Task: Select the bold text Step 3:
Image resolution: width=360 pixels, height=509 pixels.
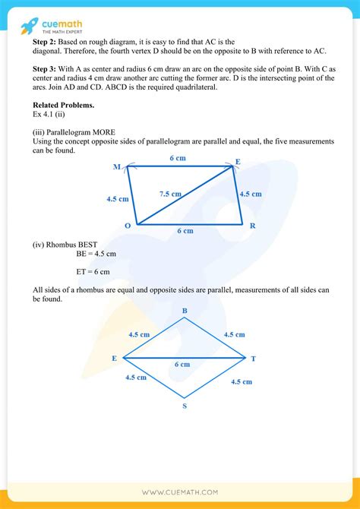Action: tap(46, 69)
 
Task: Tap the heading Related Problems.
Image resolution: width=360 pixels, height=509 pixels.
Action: tap(64, 104)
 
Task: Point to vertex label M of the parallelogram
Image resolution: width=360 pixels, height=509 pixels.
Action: tap(116, 166)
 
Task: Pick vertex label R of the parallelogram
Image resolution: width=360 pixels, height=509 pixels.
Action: tap(252, 226)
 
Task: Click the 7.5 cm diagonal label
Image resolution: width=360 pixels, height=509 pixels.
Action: tap(170, 194)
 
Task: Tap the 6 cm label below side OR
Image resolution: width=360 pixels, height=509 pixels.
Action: tap(185, 230)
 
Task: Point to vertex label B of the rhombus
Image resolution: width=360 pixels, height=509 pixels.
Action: tap(185, 311)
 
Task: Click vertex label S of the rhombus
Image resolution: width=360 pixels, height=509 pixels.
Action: tap(185, 406)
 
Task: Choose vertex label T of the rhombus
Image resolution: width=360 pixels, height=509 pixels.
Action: tap(253, 358)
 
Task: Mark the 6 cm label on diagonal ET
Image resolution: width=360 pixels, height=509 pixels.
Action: tap(182, 365)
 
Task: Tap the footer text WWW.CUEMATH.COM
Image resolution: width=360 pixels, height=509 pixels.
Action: tap(180, 493)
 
